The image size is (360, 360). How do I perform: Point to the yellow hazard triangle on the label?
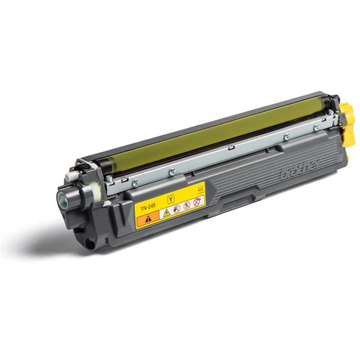166,212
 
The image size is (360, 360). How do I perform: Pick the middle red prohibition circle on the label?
186,206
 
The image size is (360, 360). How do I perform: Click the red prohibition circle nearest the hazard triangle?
176,209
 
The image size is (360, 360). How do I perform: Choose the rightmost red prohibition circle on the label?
196,202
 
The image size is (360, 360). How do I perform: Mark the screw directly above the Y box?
172,172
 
